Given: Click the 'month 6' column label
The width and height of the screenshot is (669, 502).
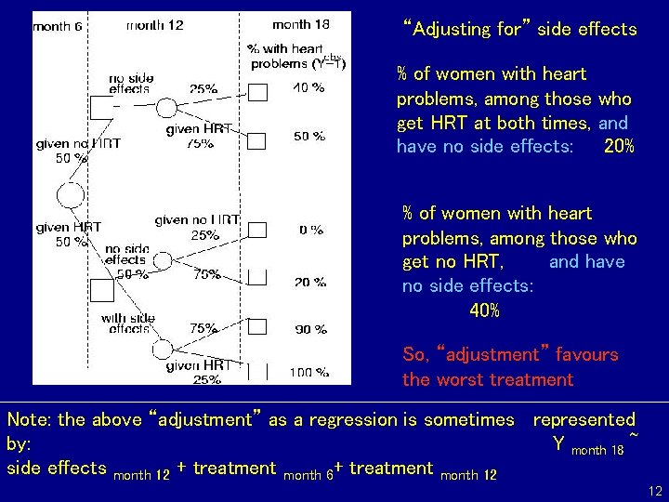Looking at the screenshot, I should click(58, 26).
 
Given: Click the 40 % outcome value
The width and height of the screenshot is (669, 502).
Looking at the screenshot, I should click(309, 88).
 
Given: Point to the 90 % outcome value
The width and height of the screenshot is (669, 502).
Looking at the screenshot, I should click(309, 328).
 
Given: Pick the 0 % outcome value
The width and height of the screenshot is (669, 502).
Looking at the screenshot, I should click(310, 230).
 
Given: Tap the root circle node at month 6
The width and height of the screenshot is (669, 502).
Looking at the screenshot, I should click(71, 195).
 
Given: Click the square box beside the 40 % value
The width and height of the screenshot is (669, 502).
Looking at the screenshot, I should click(257, 90).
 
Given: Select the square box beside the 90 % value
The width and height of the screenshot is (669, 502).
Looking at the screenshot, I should click(257, 325).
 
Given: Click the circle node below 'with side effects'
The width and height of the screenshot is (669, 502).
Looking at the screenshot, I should click(164, 349).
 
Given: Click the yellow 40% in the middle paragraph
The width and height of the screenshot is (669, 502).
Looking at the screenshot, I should click(484, 310).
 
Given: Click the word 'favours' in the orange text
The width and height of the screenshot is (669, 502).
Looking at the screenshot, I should click(586, 354).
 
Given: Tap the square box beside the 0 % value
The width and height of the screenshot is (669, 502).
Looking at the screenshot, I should click(257, 229).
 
